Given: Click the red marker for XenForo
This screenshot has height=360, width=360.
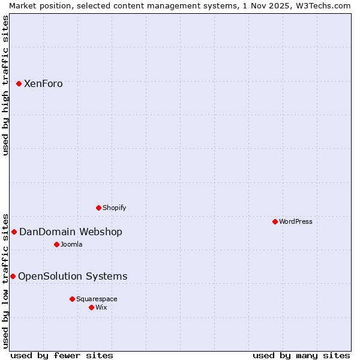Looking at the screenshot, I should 19,83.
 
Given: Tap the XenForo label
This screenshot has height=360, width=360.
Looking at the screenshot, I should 43,84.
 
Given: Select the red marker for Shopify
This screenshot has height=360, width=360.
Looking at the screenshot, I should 98,208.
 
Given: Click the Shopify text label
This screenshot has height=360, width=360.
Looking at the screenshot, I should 114,208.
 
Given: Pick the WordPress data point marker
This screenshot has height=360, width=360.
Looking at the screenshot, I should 275,221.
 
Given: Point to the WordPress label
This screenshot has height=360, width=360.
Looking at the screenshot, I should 295,222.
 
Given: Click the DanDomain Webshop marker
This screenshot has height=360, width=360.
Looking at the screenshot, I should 14,232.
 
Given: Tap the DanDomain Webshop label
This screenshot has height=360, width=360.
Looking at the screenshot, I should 70,232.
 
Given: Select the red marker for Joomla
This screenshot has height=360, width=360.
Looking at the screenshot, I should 56,244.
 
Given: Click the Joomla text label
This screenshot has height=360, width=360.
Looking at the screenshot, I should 71,245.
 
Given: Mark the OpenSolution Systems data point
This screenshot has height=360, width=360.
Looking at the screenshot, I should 13,276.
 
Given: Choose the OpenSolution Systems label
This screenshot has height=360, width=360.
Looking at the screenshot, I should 73,277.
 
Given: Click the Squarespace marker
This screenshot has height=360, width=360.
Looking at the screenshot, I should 72,299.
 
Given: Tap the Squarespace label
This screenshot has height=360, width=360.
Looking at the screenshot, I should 97,299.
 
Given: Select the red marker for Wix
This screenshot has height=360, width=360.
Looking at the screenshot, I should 91,307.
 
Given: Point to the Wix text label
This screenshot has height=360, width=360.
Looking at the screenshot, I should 101,308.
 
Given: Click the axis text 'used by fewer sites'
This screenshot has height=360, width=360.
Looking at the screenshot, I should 62,355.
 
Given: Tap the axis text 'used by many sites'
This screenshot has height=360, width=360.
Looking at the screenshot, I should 301,355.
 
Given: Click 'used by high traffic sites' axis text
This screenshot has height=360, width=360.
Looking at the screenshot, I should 5,85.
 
